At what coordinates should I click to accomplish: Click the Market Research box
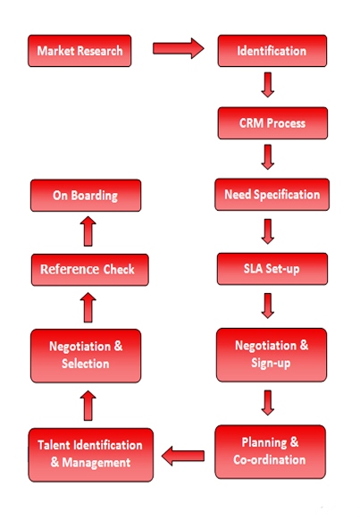point(80,51)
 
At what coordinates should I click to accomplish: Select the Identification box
point(272,51)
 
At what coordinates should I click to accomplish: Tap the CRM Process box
point(272,123)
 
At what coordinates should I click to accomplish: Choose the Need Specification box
point(272,195)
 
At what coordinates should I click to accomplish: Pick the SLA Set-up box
point(272,269)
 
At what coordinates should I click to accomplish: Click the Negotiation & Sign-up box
point(272,355)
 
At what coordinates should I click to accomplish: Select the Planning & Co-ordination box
point(270,452)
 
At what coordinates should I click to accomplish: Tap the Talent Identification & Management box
point(91,455)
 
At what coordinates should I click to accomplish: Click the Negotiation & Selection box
point(86,356)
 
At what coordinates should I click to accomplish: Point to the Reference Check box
point(90,270)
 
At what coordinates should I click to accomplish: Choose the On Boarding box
point(86,196)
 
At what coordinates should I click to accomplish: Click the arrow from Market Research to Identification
point(179,48)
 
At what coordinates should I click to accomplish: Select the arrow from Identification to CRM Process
point(267,85)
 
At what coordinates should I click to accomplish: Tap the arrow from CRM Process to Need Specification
point(267,157)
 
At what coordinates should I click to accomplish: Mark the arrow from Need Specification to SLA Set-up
point(267,231)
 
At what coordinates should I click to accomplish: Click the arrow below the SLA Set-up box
point(267,306)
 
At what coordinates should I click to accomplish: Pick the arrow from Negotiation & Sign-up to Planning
point(267,403)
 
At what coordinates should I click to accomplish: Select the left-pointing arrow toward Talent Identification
point(183,456)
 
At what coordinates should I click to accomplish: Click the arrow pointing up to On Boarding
point(88,231)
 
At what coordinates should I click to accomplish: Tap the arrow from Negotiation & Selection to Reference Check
point(88,307)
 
